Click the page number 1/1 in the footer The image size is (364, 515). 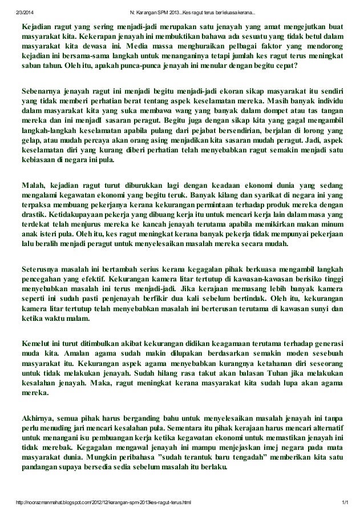(x=345, y=502)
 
